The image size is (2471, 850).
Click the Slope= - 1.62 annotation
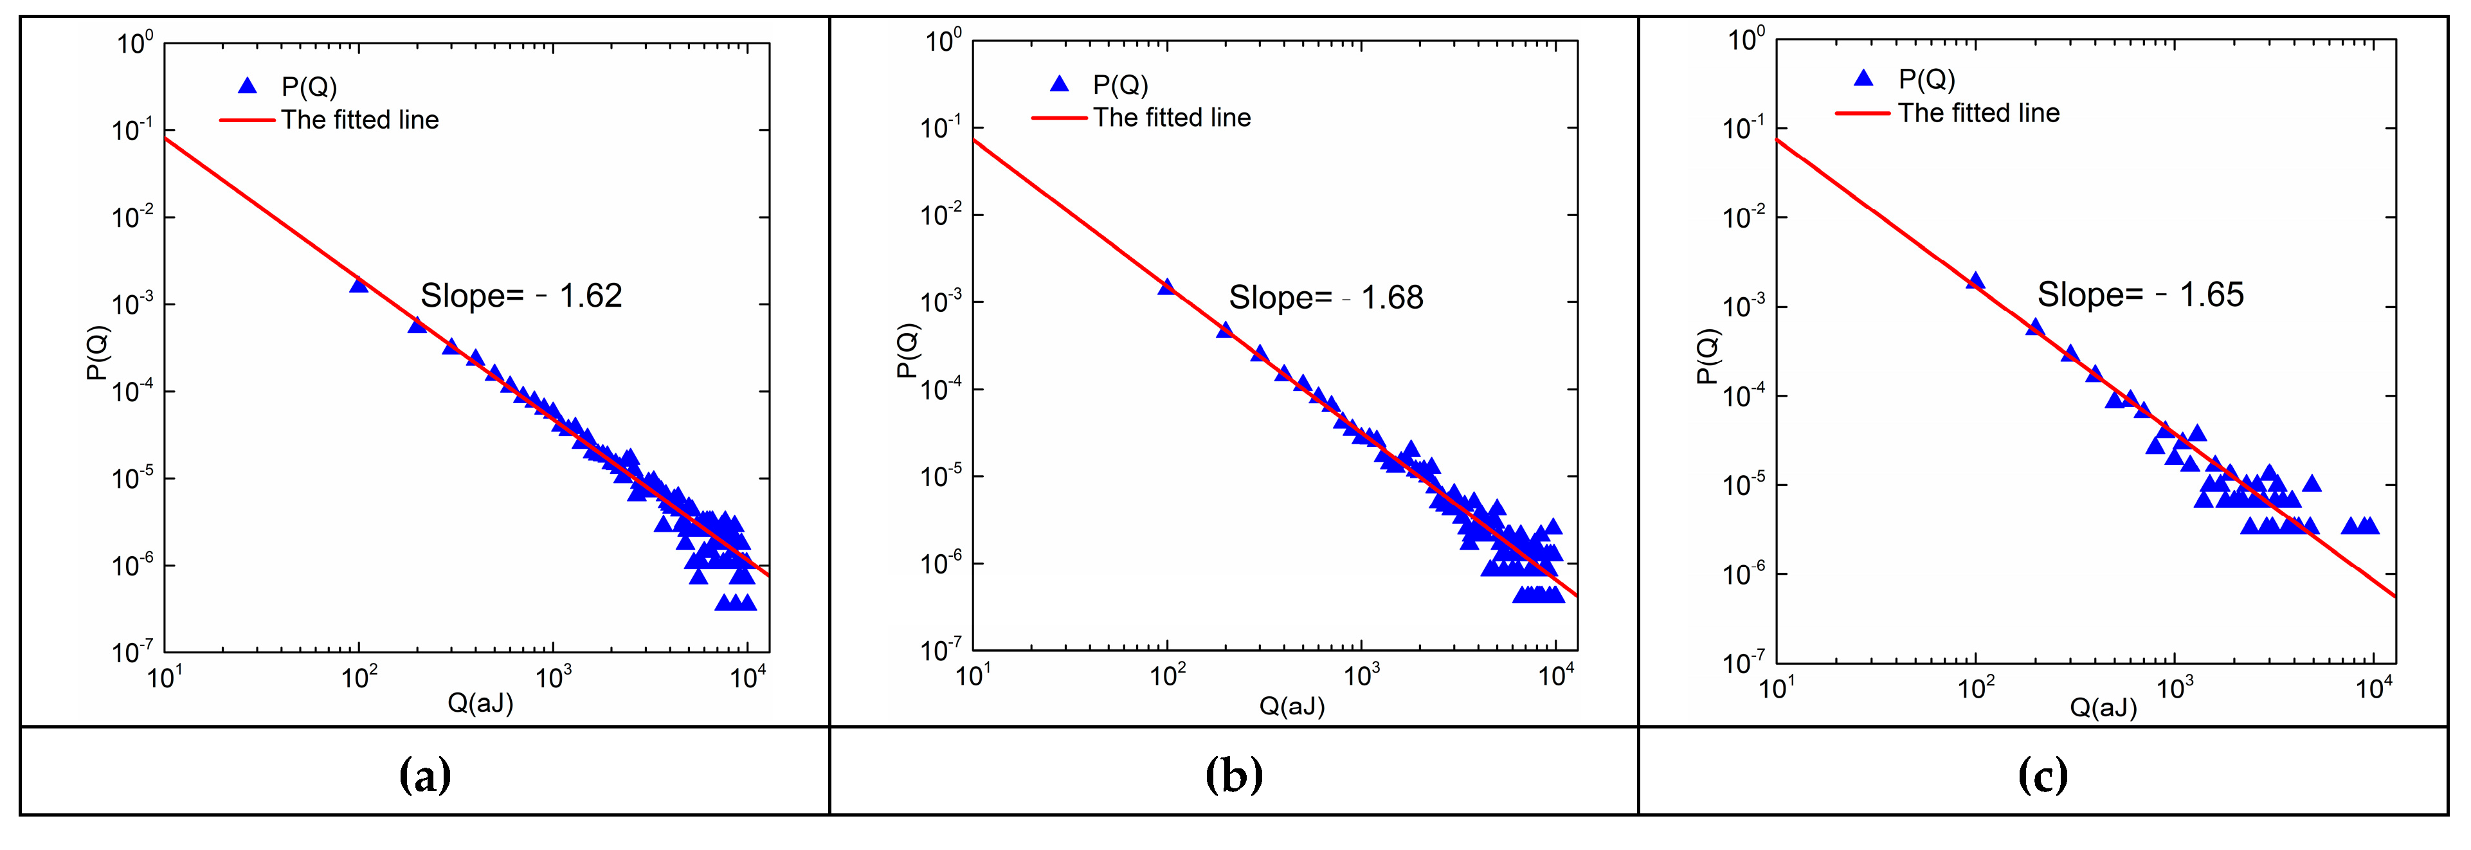[521, 296]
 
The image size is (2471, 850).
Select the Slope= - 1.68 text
[1326, 298]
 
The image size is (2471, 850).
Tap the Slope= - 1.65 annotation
[2140, 294]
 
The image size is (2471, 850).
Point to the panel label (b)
[1234, 774]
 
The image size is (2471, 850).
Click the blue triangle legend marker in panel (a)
[248, 86]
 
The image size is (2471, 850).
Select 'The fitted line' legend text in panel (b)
[1172, 118]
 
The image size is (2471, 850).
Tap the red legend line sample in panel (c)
[1862, 113]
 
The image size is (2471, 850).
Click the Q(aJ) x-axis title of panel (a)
[480, 703]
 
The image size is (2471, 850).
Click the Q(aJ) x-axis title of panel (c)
[2103, 708]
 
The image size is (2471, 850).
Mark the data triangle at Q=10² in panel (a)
[359, 285]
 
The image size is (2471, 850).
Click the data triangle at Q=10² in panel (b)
[1166, 287]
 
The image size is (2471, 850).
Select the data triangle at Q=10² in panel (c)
[1975, 281]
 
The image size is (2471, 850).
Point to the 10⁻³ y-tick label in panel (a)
[132, 305]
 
